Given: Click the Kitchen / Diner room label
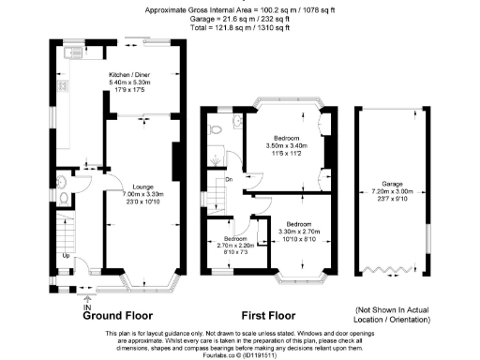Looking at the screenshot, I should click(132, 74).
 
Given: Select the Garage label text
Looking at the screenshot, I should click(393, 185).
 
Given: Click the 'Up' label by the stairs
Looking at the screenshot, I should click(65, 256).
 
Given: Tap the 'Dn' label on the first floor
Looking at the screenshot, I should click(228, 179).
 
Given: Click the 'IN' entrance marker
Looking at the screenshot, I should click(86, 307).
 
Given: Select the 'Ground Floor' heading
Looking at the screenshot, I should click(117, 316).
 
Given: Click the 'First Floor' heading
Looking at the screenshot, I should click(271, 316).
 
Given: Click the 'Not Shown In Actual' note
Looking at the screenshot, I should click(392, 309).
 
